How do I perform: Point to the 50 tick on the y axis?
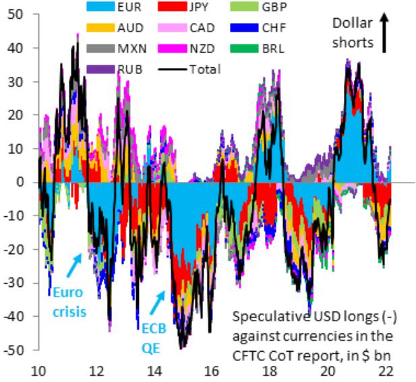tap(20, 14)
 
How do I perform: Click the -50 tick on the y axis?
tap(17, 350)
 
